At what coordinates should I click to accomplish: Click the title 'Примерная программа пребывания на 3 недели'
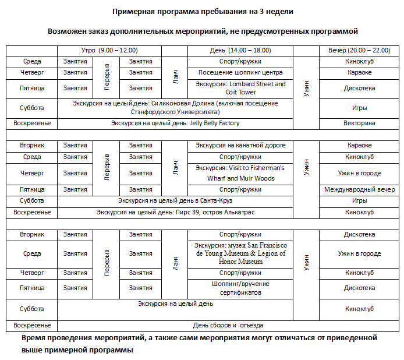[202, 11]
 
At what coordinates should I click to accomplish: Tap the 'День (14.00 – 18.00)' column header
[240, 51]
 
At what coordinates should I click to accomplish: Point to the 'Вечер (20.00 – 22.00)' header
[359, 51]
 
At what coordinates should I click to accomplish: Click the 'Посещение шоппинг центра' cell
[240, 73]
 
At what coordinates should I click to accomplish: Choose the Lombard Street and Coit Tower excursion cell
[240, 88]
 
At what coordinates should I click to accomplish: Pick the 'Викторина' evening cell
[359, 123]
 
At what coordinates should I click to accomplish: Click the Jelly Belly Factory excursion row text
[175, 123]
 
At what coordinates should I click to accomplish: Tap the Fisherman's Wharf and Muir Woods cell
[240, 173]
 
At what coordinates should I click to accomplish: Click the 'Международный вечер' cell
[359, 190]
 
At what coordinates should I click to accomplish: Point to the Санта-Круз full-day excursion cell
[175, 201]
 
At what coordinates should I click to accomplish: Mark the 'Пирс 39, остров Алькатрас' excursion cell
[175, 213]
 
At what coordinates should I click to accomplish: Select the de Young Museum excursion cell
[240, 254]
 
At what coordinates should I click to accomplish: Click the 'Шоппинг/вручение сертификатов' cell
[240, 288]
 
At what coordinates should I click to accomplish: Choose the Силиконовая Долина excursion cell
[175, 107]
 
